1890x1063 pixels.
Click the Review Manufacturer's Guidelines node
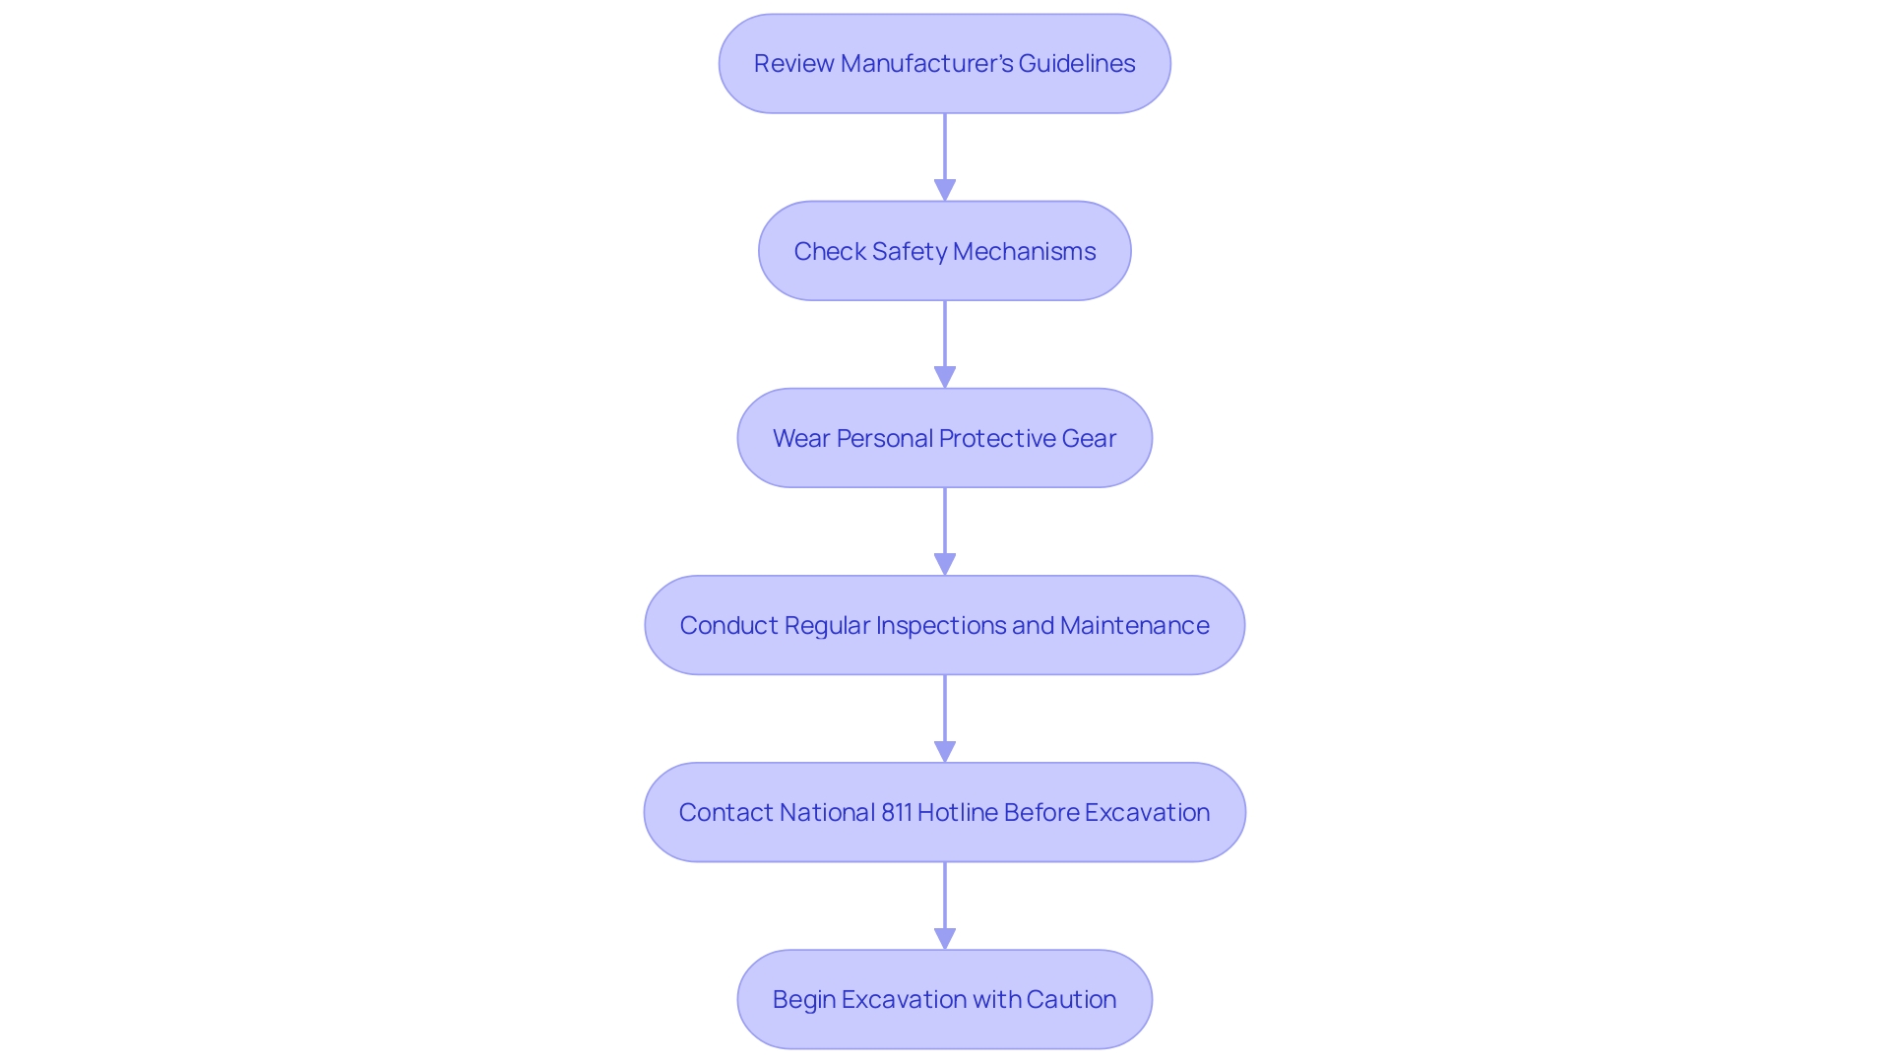[x=944, y=64]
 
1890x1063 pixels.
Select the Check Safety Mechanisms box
[x=944, y=251]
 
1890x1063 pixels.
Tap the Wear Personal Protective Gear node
[x=944, y=438]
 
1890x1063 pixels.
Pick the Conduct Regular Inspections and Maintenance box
[x=944, y=625]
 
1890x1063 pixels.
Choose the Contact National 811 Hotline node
[x=944, y=812]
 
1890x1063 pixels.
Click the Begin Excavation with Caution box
[x=944, y=999]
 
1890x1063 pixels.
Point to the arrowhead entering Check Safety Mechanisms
[x=945, y=190]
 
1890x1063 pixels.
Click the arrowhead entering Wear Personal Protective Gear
[x=945, y=377]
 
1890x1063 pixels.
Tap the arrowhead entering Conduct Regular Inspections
[x=945, y=564]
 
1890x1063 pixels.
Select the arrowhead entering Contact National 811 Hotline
[x=945, y=751]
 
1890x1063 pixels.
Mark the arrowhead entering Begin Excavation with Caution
[x=945, y=938]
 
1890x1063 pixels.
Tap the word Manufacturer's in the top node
[x=926, y=64]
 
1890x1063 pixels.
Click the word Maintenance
[x=1134, y=625]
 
